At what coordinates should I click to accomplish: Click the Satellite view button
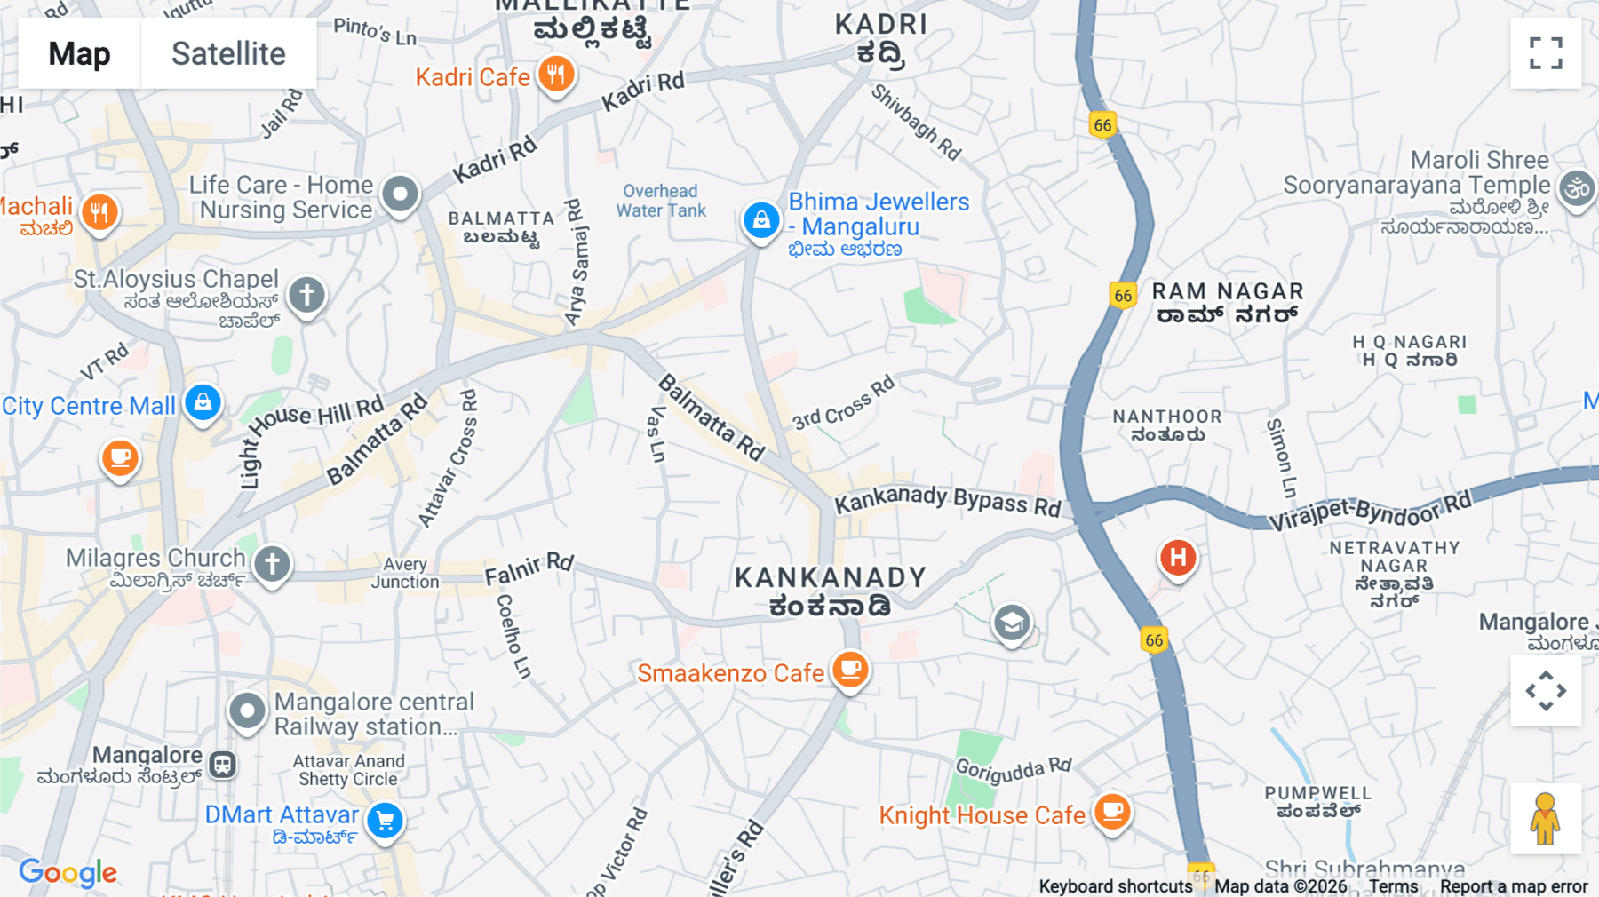click(228, 53)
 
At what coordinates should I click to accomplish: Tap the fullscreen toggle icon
click(1546, 53)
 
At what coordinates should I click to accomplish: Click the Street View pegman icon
click(1545, 819)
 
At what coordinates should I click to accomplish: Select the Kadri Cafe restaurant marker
click(556, 75)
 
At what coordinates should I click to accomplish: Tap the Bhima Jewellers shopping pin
click(761, 219)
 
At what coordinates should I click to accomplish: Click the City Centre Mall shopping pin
click(203, 403)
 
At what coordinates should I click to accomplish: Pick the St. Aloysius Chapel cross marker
click(306, 294)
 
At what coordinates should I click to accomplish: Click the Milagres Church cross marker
click(272, 563)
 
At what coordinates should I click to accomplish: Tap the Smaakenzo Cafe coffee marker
click(850, 669)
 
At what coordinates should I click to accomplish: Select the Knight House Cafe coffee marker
click(1112, 811)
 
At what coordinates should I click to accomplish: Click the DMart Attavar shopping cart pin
click(386, 821)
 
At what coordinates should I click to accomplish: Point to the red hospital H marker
click(1178, 558)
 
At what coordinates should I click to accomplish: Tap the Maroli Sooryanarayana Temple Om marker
click(1578, 188)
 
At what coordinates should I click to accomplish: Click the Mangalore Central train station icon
click(222, 764)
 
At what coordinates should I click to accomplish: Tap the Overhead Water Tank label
click(661, 201)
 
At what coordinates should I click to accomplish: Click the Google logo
click(68, 873)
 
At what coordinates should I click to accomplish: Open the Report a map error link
click(1514, 886)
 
